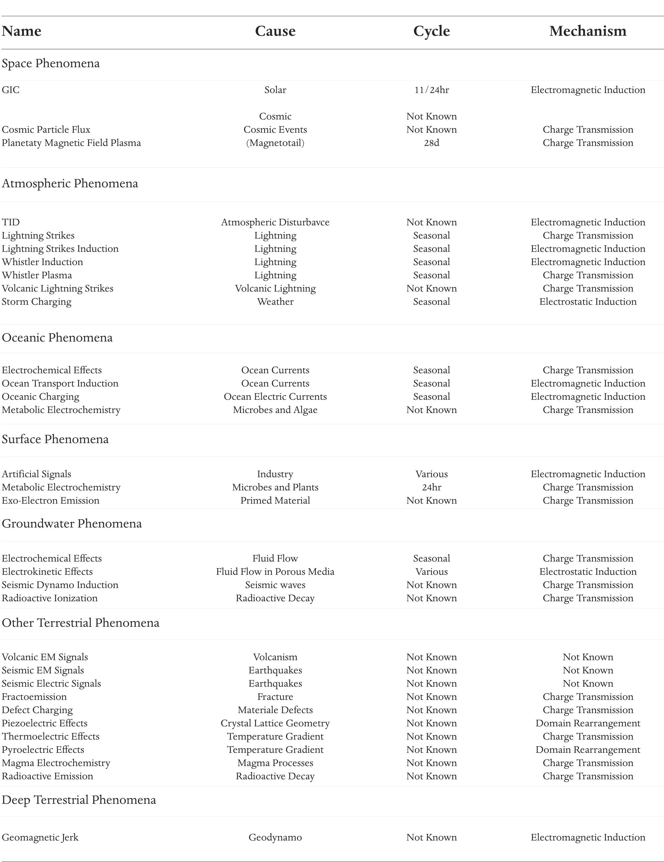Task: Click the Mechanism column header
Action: (588, 31)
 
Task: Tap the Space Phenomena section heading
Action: (51, 63)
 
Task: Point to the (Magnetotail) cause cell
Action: (275, 143)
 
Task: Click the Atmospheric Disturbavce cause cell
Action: (275, 222)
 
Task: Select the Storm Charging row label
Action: (37, 301)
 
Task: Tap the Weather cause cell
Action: (275, 301)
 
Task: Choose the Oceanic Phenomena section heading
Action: (57, 338)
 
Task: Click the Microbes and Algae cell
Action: (275, 410)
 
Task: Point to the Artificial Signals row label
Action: (37, 474)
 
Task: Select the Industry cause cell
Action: (275, 474)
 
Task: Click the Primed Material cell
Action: (275, 500)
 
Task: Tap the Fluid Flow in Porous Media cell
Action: (275, 571)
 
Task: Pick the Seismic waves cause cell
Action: (275, 585)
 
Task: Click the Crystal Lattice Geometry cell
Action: (275, 723)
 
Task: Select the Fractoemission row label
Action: (34, 697)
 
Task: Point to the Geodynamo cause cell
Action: (275, 837)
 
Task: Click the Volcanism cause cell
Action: (275, 657)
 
